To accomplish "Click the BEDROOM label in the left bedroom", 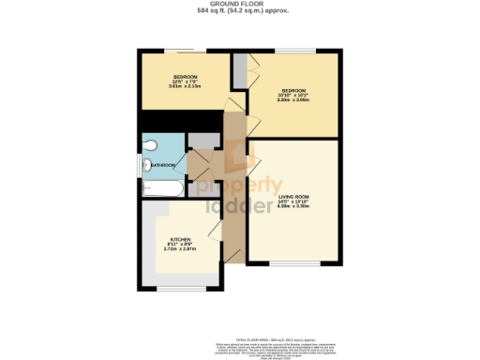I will [x=184, y=76].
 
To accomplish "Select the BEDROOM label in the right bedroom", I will [x=293, y=90].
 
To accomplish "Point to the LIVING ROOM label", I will [x=293, y=196].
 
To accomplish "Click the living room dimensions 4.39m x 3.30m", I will [x=293, y=206].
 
